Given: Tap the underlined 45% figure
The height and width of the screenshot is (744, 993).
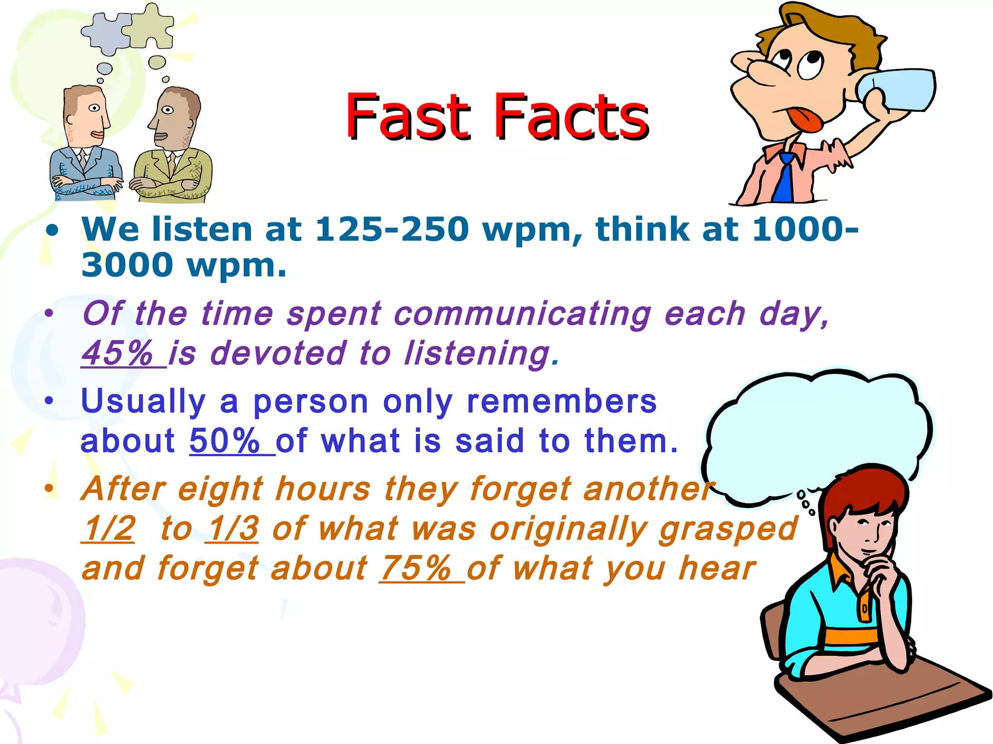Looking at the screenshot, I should [118, 353].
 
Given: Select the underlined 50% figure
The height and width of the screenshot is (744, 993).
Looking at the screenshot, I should [225, 441].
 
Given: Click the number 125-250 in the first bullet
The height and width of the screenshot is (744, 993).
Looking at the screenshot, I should [392, 229].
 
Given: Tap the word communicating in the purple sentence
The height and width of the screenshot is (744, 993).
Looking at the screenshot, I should [522, 314].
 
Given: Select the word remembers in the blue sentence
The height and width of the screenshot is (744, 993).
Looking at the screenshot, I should [561, 402].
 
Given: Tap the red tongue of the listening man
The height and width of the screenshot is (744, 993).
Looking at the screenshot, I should [806, 119].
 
